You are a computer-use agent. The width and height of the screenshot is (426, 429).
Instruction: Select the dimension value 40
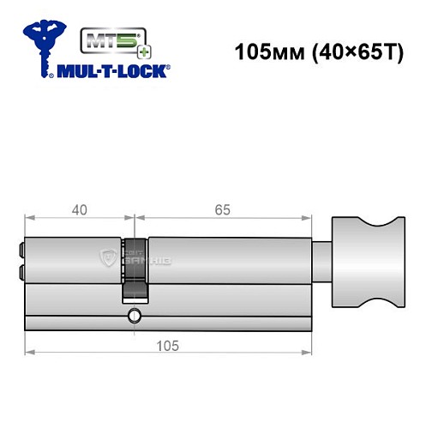(79, 209)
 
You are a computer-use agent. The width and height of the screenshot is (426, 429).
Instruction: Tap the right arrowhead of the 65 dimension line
(304, 217)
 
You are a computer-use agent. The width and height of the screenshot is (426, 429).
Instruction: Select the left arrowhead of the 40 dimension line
(29, 217)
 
